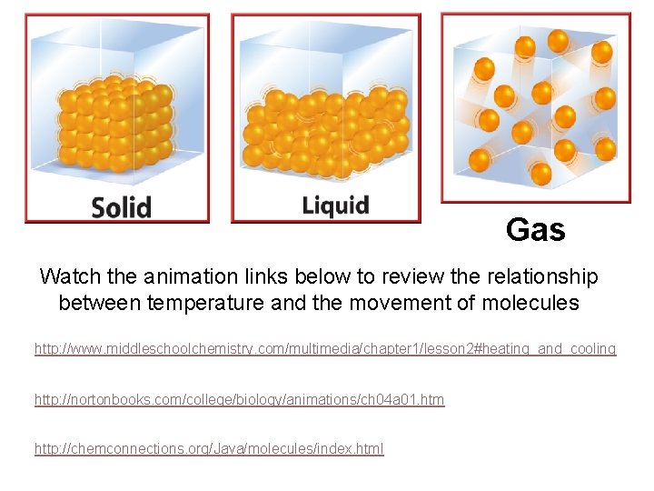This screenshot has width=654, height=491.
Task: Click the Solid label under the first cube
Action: click(x=121, y=206)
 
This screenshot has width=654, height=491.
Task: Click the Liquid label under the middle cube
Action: click(x=335, y=205)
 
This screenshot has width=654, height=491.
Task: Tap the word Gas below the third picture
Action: click(x=535, y=230)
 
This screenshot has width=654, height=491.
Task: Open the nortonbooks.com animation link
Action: click(x=239, y=399)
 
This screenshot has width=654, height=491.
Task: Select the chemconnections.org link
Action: click(x=209, y=448)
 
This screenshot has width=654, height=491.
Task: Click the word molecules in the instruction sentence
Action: click(x=533, y=304)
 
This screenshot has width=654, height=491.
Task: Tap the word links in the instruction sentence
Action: click(x=253, y=276)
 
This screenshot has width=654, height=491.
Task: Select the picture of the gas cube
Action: click(x=535, y=107)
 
